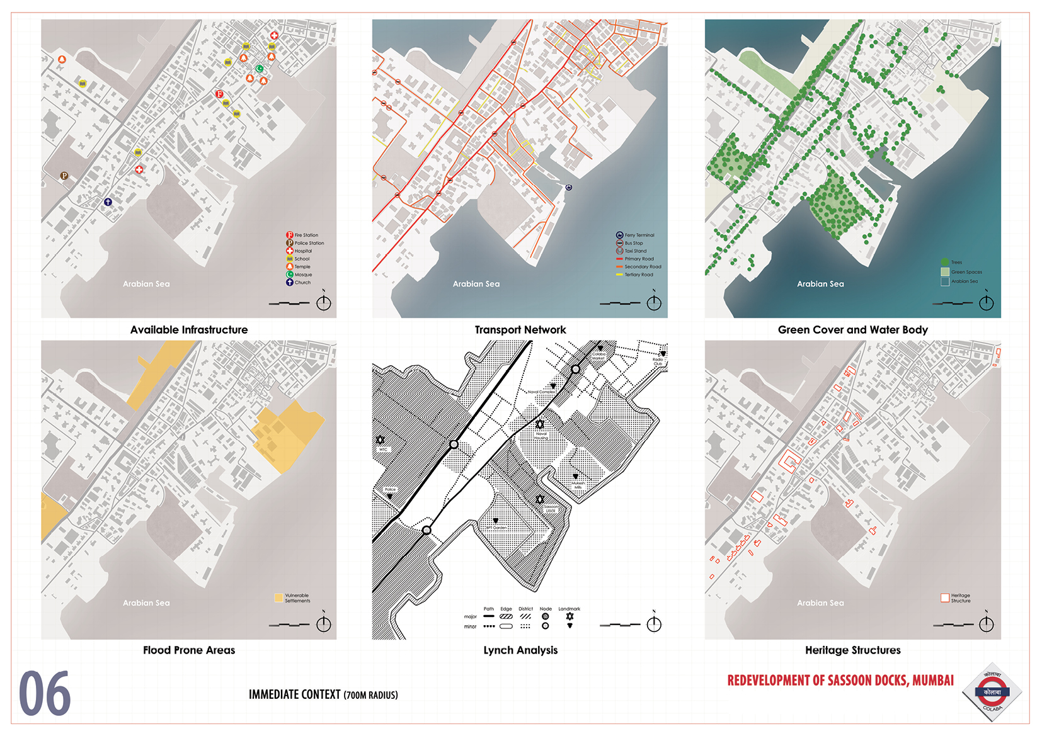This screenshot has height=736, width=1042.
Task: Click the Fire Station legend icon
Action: click(x=290, y=235)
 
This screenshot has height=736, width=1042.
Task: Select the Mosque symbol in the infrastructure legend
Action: click(x=290, y=275)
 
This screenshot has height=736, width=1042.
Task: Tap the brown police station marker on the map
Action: click(x=64, y=176)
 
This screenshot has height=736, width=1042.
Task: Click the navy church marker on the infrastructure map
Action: click(x=108, y=202)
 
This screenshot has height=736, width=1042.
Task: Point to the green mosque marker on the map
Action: click(x=260, y=69)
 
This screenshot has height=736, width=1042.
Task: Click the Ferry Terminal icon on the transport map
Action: click(x=569, y=188)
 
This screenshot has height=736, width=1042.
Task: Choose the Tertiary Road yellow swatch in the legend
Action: click(x=619, y=275)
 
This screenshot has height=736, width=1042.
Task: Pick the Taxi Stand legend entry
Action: click(x=620, y=251)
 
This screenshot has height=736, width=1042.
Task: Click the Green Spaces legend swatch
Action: click(x=944, y=272)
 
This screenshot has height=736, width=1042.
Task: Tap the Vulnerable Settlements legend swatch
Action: click(x=278, y=597)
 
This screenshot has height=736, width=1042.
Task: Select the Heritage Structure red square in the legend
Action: click(x=945, y=597)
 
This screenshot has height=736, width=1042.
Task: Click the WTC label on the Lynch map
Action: click(x=383, y=450)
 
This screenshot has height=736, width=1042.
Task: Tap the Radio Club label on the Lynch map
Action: click(x=658, y=361)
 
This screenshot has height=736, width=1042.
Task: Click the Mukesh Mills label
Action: click(x=578, y=485)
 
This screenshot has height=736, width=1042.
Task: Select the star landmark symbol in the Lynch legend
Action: click(x=570, y=616)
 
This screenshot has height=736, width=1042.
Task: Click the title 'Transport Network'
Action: click(x=520, y=330)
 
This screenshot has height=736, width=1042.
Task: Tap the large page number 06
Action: click(x=45, y=694)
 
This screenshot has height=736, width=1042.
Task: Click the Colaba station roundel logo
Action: click(x=992, y=692)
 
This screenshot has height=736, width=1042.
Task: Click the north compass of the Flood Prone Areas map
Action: click(x=324, y=623)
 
